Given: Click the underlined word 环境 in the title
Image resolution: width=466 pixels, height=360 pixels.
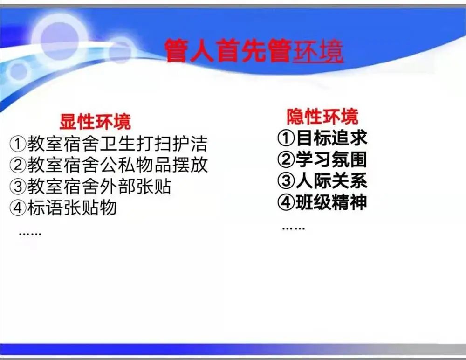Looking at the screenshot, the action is pyautogui.click(x=318, y=51).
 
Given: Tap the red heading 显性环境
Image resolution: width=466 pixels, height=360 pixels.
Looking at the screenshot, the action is pyautogui.click(x=95, y=121).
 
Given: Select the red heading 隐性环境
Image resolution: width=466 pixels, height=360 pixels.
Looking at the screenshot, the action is pyautogui.click(x=322, y=116).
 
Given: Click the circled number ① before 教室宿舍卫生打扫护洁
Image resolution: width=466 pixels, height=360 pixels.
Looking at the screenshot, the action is pyautogui.click(x=18, y=144).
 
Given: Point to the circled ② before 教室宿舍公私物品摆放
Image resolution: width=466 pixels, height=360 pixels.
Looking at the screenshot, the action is pyautogui.click(x=18, y=165).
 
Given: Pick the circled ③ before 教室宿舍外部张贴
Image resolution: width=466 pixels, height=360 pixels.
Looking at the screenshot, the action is pyautogui.click(x=18, y=186).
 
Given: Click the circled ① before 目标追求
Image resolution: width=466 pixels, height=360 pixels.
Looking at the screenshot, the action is pyautogui.click(x=286, y=138).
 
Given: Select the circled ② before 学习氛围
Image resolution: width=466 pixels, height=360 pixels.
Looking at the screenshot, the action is pyautogui.click(x=286, y=159).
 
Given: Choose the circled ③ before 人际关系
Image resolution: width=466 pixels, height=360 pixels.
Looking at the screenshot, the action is pyautogui.click(x=286, y=180).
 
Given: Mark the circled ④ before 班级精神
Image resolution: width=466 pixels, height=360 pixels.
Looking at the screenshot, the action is pyautogui.click(x=286, y=202).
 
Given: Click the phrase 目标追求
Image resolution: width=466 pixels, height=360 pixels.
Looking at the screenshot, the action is pyautogui.click(x=331, y=138).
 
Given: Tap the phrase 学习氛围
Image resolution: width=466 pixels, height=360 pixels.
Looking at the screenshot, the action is pyautogui.click(x=331, y=159).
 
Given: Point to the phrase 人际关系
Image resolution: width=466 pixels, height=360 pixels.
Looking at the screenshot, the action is pyautogui.click(x=331, y=180).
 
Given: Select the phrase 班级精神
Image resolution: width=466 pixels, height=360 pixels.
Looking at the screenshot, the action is pyautogui.click(x=331, y=202).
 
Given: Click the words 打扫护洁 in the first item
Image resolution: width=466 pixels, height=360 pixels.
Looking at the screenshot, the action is pyautogui.click(x=172, y=144).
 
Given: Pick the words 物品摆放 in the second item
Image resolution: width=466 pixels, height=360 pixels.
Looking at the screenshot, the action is pyautogui.click(x=172, y=165).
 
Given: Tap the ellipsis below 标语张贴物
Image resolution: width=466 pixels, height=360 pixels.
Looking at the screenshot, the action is pyautogui.click(x=30, y=234).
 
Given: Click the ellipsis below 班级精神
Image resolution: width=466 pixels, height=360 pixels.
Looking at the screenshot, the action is pyautogui.click(x=293, y=228).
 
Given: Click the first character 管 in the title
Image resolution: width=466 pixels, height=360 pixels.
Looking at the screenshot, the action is pyautogui.click(x=177, y=51).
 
